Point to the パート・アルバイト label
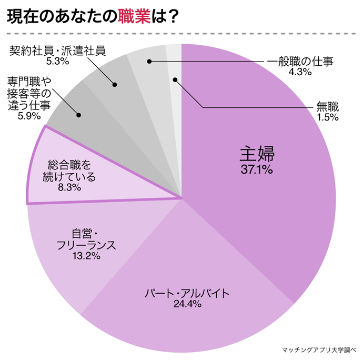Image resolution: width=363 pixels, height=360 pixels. (188, 293)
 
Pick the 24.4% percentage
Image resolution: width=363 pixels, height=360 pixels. (188, 304)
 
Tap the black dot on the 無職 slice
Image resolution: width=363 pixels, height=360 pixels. (175, 81)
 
